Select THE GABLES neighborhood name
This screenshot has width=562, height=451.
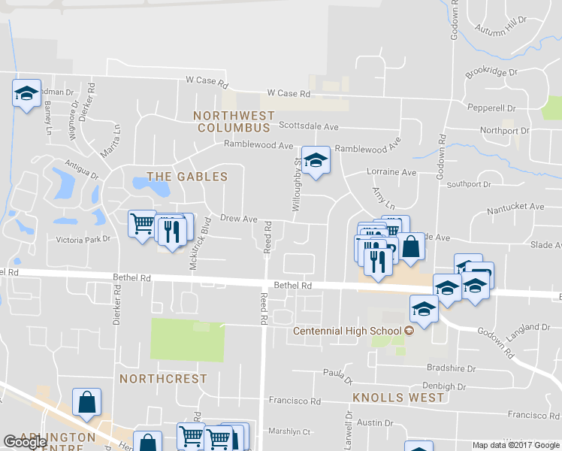186,177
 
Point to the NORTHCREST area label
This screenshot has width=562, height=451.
163,379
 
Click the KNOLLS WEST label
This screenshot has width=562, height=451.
398,397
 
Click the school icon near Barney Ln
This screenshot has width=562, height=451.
26,94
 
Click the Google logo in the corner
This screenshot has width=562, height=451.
26,442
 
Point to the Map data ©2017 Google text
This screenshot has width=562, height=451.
515,445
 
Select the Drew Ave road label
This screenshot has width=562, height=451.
239,219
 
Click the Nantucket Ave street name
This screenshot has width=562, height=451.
515,206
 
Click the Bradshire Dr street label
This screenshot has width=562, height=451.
451,369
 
